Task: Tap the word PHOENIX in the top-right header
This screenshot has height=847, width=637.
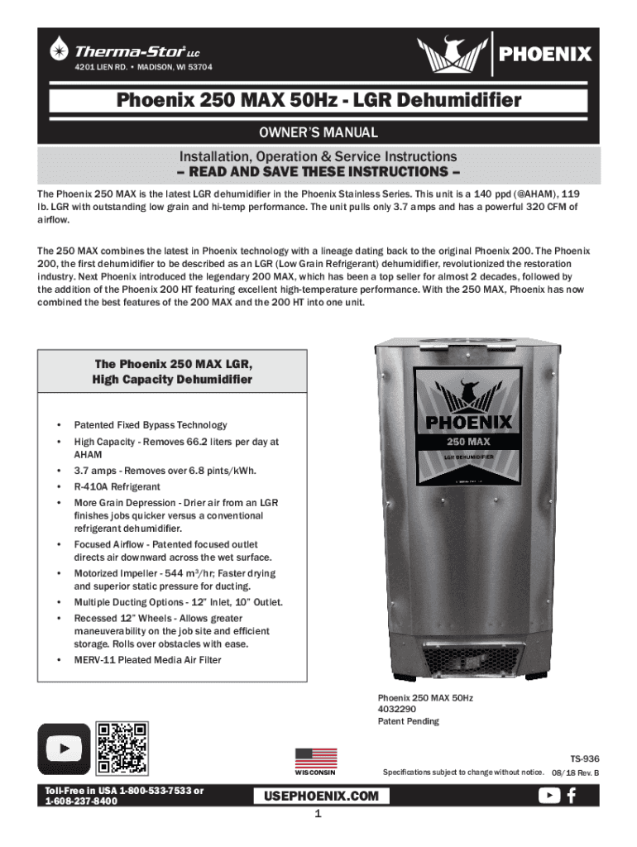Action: click(x=544, y=54)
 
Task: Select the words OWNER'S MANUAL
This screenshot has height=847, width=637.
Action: click(x=318, y=132)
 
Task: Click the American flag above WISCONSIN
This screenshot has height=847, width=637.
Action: click(x=315, y=757)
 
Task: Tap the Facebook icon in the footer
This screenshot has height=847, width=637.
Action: click(x=572, y=795)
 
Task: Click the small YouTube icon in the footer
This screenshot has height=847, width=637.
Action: click(x=548, y=795)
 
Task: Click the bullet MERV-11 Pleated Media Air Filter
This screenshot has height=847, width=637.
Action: click(x=147, y=659)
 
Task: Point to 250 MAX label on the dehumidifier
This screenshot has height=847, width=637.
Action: click(x=470, y=441)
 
